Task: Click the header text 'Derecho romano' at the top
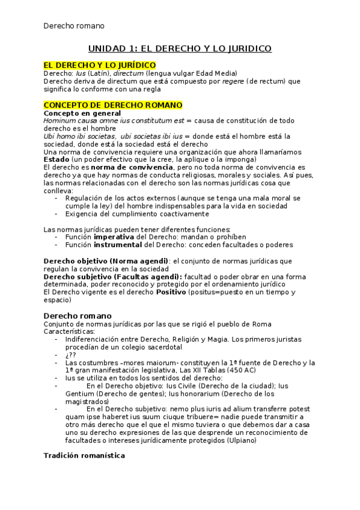(74, 26)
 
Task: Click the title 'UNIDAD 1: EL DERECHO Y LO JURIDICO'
(180, 49)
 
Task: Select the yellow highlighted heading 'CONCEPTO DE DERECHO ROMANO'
(113, 105)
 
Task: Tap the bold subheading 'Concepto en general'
(82, 113)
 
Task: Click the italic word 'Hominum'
(60, 120)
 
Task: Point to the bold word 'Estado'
(56, 159)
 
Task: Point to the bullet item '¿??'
(71, 355)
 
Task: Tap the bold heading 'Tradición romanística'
(84, 455)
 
